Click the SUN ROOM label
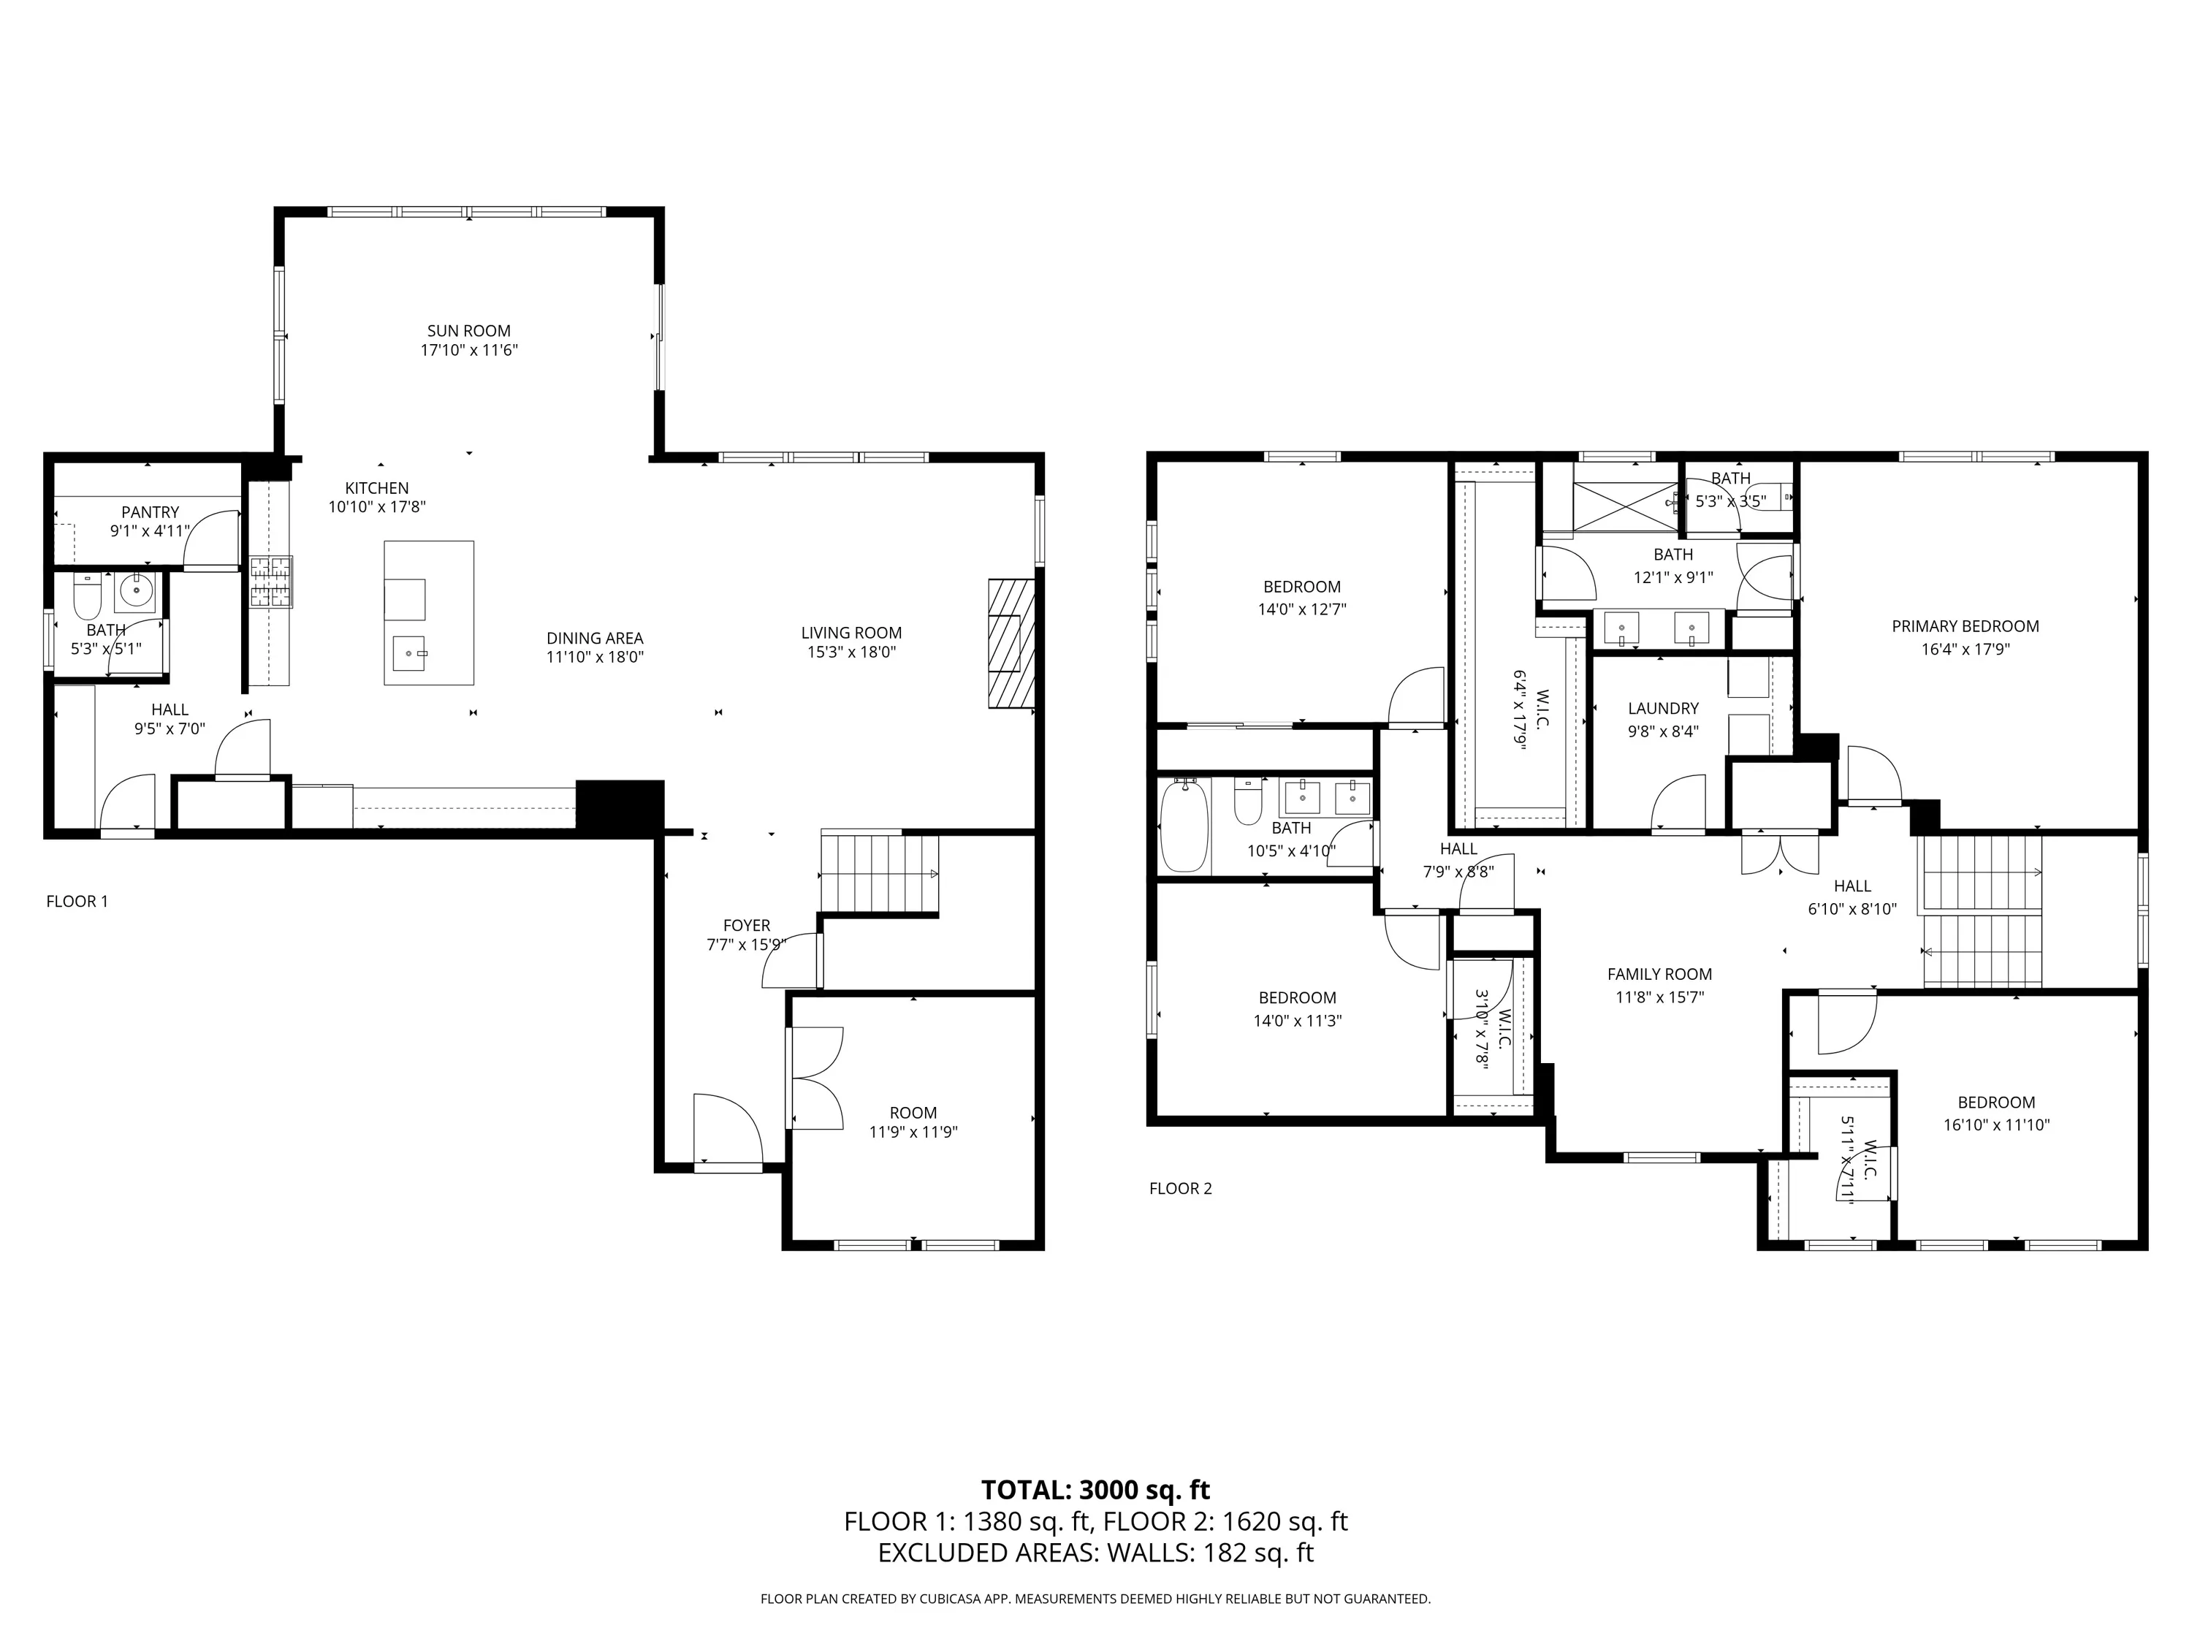point(469,331)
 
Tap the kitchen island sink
point(408,654)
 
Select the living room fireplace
point(1011,644)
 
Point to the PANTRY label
point(151,512)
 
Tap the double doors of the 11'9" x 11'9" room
point(815,1078)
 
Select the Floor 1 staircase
point(880,873)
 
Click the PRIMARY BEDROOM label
point(1965,626)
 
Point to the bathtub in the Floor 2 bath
point(1185,826)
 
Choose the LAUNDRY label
point(1663,709)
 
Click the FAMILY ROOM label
point(1660,974)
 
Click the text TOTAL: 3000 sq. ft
point(1096,1491)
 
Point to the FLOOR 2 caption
point(1180,1188)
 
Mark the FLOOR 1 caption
point(77,901)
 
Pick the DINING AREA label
point(595,638)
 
